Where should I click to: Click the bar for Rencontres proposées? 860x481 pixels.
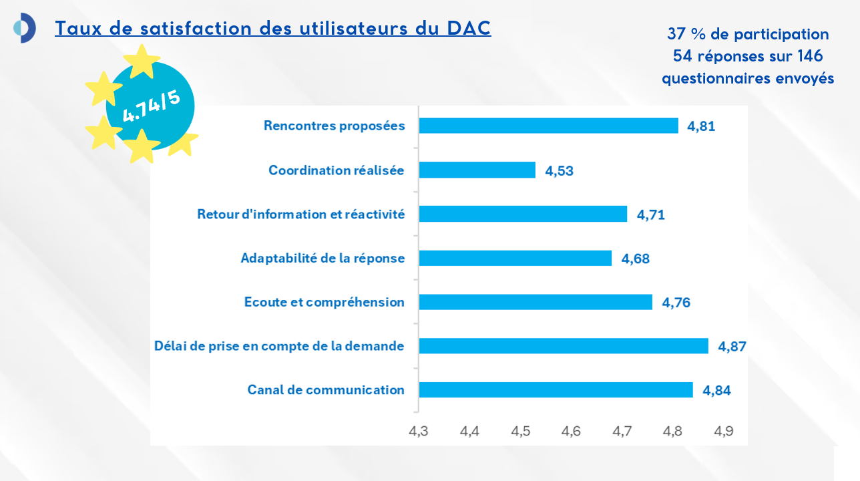[x=549, y=126]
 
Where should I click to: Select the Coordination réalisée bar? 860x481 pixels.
[x=477, y=170]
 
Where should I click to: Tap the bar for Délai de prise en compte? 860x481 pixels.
[x=564, y=346]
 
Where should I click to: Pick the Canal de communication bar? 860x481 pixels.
[x=556, y=389]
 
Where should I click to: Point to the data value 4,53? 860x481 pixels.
[x=559, y=170]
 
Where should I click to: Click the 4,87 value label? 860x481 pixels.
[x=732, y=347]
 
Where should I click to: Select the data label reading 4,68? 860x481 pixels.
[x=636, y=259]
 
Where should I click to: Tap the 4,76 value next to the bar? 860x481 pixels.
[x=676, y=303]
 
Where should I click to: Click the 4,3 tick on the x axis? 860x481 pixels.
[x=419, y=431]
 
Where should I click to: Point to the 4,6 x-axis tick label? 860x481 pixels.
[x=571, y=431]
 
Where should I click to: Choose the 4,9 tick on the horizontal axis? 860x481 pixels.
[x=723, y=431]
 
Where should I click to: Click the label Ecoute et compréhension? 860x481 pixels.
[x=325, y=303]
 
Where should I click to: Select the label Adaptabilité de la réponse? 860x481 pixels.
[x=322, y=258]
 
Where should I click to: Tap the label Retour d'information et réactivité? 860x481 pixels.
[x=301, y=214]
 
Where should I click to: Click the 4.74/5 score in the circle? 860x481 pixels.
[x=151, y=106]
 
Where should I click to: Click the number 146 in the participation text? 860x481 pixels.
[x=810, y=56]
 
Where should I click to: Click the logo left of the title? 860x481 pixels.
[x=25, y=27]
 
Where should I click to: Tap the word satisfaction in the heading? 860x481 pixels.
[x=196, y=28]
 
